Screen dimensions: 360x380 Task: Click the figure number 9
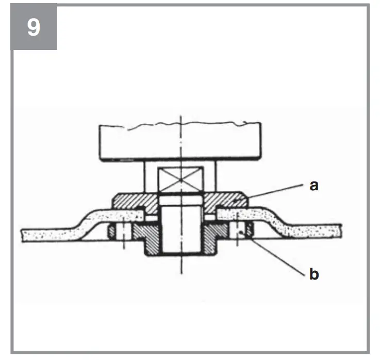(34, 27)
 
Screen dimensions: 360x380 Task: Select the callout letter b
(313, 274)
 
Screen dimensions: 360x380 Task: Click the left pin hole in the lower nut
(124, 233)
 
